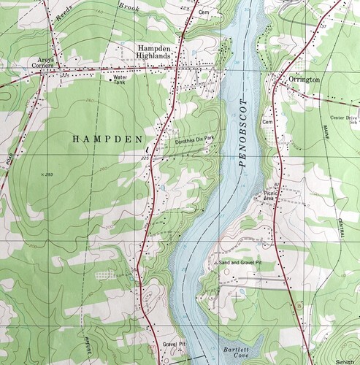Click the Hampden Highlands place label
point(156,51)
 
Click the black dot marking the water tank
point(110,80)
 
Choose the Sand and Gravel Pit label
point(242,261)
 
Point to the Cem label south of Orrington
point(267,121)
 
